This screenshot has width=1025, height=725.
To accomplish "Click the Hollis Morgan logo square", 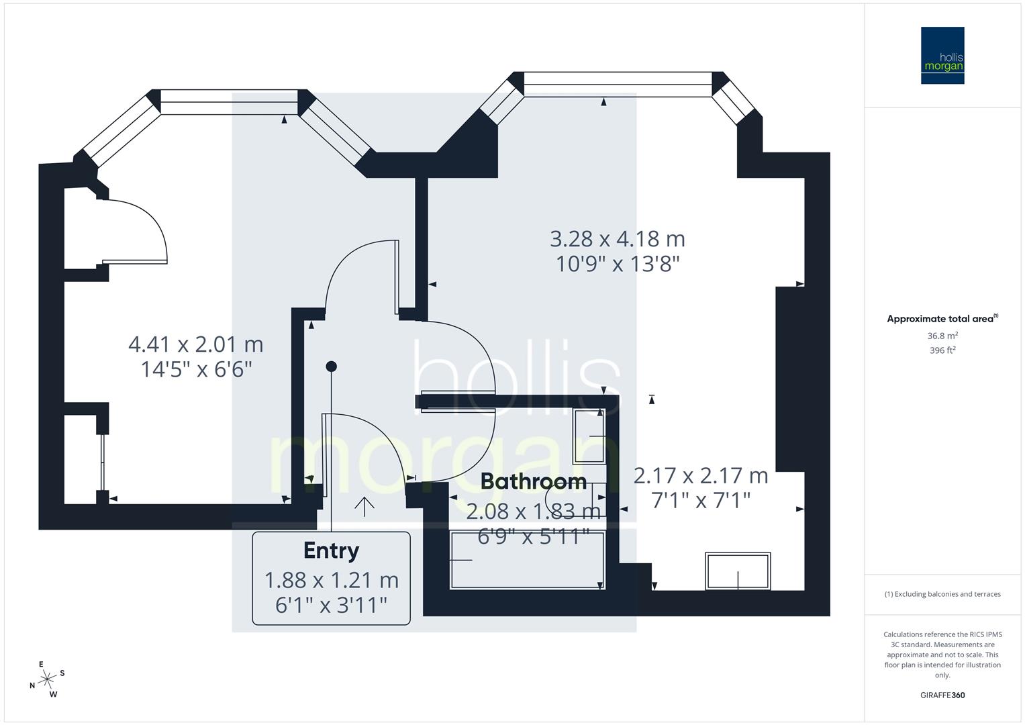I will click(942, 56).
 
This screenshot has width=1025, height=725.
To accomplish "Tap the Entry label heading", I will click(331, 550).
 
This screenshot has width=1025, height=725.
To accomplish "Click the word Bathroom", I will click(534, 481).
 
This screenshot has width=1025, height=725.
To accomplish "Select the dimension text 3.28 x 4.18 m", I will click(618, 239).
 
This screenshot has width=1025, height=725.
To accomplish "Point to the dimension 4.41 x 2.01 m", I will click(196, 345).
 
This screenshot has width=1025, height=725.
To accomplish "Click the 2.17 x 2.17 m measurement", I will click(701, 476).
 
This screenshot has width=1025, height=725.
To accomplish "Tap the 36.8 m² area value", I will click(942, 336).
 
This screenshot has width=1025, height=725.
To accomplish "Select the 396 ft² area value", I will click(942, 350).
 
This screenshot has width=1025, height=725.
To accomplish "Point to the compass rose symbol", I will click(47, 679).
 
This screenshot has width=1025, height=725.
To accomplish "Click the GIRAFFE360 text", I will click(942, 695).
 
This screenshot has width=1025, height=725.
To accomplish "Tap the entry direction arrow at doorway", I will click(364, 506).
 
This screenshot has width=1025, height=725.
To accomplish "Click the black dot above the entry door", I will click(331, 367).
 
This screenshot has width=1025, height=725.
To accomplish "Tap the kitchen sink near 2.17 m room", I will click(738, 571).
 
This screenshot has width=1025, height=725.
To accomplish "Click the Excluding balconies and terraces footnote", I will click(942, 594).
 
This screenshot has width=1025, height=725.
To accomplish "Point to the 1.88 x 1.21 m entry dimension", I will click(331, 579).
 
